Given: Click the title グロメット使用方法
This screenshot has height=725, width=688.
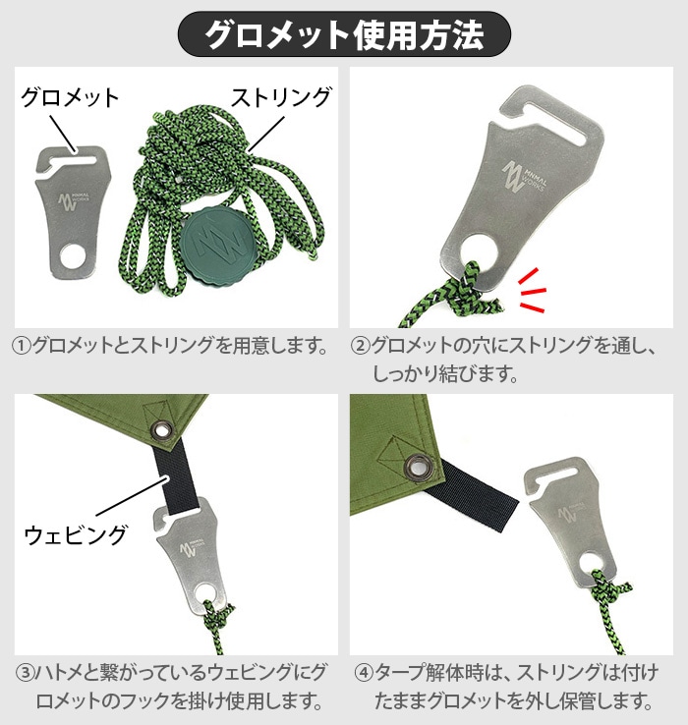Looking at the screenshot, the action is click(x=344, y=34).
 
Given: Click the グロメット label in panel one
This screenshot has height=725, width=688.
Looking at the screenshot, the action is click(x=71, y=97).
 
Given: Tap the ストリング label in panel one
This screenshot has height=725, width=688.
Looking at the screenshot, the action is click(x=281, y=97).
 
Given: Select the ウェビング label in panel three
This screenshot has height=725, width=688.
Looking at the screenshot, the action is click(x=75, y=534).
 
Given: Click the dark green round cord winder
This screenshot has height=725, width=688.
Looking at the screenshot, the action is click(x=213, y=245).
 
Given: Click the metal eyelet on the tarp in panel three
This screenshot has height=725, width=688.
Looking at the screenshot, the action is click(x=162, y=430).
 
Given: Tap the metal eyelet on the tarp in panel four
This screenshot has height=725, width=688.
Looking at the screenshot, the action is click(x=419, y=467).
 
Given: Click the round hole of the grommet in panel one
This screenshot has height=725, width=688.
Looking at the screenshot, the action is click(x=73, y=255).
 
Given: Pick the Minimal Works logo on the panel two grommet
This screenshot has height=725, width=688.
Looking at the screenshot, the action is click(x=524, y=177).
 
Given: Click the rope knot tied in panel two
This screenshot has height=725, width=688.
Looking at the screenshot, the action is click(x=473, y=290).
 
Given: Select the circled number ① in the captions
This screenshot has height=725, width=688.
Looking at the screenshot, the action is click(x=22, y=346).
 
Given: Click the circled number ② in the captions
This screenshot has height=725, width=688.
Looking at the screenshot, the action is click(x=360, y=346).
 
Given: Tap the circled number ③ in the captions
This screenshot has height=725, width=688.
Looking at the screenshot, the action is click(x=24, y=673).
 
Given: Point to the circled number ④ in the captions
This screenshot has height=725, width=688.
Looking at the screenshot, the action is click(x=364, y=673).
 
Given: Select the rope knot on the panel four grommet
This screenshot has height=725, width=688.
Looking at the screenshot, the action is click(x=609, y=588).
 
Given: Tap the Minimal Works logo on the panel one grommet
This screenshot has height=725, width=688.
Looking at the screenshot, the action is click(x=73, y=202).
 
